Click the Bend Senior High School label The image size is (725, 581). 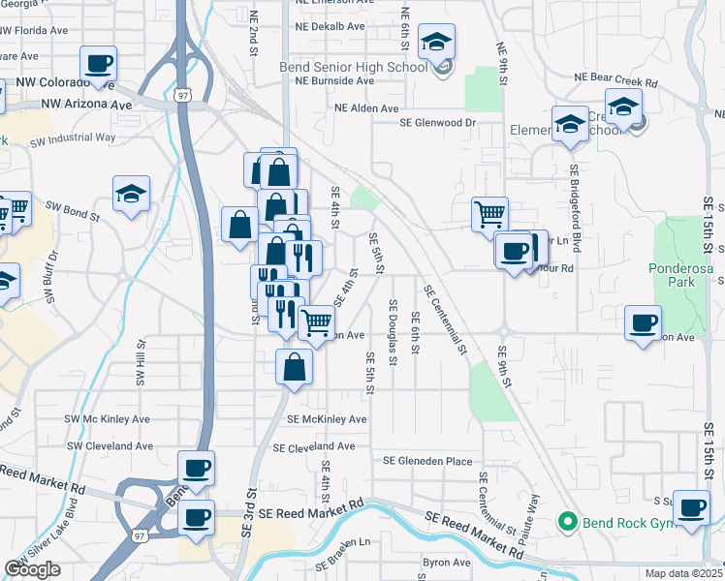pos(365,67)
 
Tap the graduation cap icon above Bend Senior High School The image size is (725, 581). pos(436,43)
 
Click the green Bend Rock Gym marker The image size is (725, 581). pos(568,523)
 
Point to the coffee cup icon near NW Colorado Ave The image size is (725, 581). pos(99,64)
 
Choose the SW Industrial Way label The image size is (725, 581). pos(73,138)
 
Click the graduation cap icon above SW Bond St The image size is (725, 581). pos(131,194)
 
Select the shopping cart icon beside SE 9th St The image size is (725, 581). pos(490,213)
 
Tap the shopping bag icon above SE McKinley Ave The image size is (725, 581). pos(294,367)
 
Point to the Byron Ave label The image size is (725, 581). pos(446,563)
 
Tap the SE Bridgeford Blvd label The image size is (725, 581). pos(576,211)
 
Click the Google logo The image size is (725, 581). pos(32,569)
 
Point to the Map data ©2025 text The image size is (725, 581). pos(683,573)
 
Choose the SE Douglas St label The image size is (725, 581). pos(393,340)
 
